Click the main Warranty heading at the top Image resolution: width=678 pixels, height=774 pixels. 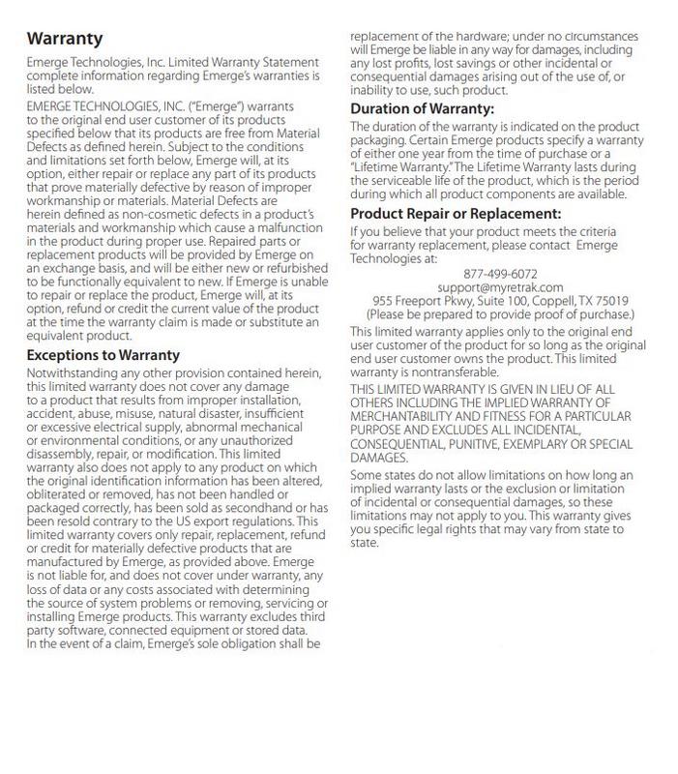[x=65, y=39]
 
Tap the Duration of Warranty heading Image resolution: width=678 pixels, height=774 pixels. [x=422, y=109]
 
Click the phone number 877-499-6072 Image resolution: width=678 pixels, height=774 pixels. [x=500, y=274]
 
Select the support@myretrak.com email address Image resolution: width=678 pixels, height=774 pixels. [x=500, y=287]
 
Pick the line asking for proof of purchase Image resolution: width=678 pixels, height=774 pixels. [x=500, y=314]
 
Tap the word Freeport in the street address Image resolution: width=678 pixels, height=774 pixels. [x=413, y=301]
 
